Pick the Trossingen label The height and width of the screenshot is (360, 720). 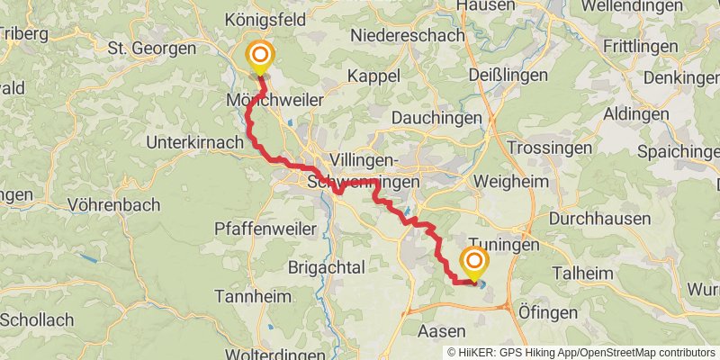(x=549, y=147)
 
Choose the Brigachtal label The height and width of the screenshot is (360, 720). (x=326, y=267)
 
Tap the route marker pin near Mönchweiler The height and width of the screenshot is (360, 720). (x=260, y=58)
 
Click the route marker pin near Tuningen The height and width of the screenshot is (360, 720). (x=473, y=263)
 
